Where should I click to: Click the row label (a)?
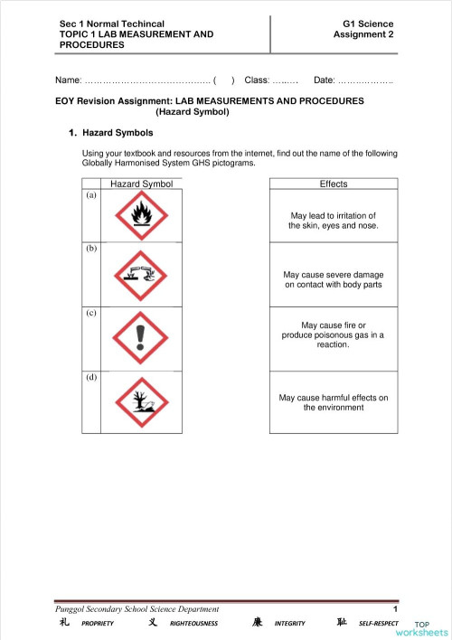coord(90,195)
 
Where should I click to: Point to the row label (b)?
coord(90,248)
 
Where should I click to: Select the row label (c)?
coord(90,313)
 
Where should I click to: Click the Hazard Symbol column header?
coord(141,184)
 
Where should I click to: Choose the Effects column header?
coord(333,184)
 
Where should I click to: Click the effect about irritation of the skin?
coord(333,221)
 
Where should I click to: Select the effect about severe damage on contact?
coord(333,279)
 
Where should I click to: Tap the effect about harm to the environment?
coord(333,402)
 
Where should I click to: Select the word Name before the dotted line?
coord(69,80)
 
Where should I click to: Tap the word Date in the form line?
coord(324,80)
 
